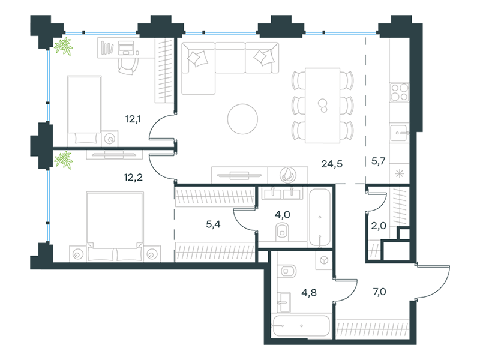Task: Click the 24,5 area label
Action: tap(332, 164)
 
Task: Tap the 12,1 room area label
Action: tap(133, 119)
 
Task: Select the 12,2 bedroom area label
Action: tap(133, 177)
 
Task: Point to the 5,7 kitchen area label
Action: tap(378, 161)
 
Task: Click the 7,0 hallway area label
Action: tap(379, 292)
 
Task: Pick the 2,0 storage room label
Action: tap(379, 226)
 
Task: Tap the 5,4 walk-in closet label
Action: tap(213, 224)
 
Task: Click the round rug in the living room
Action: tap(242, 119)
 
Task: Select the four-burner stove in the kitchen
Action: tap(399, 92)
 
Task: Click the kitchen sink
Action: tap(399, 133)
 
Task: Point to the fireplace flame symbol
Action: tap(288, 175)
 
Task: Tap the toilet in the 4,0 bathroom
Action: tap(282, 232)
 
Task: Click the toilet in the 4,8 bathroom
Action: tap(288, 271)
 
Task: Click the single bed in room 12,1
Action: tap(84, 110)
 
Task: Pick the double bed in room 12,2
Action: tap(115, 227)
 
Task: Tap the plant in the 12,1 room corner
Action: tap(64, 47)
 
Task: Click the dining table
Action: tap(323, 106)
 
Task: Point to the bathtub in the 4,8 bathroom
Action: tap(302, 326)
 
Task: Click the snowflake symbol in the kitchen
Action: tap(399, 174)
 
